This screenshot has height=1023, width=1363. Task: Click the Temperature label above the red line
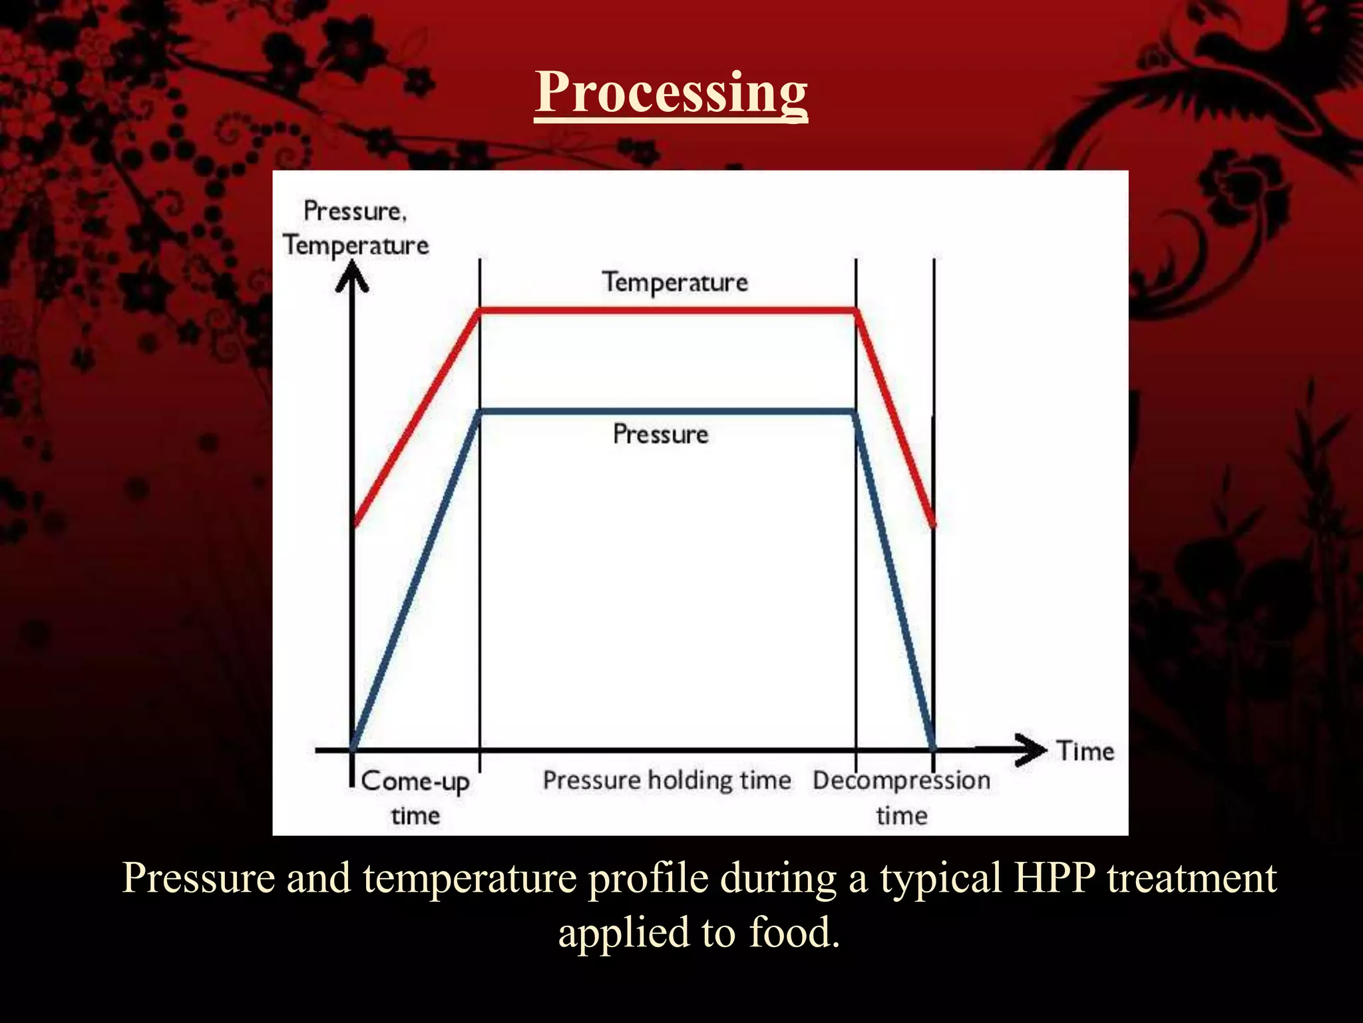pyautogui.click(x=675, y=282)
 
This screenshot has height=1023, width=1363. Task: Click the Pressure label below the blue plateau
pyautogui.click(x=660, y=434)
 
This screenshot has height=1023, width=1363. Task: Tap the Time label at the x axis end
pyautogui.click(x=1085, y=751)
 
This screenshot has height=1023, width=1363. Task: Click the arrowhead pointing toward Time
pyautogui.click(x=1030, y=750)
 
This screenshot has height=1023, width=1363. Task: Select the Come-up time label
pyautogui.click(x=415, y=797)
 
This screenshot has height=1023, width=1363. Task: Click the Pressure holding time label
pyautogui.click(x=667, y=780)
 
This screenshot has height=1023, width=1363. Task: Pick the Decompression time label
pyautogui.click(x=901, y=797)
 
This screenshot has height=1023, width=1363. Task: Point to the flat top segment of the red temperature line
pyautogui.click(x=666, y=310)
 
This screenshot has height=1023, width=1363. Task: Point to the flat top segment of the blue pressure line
pyautogui.click(x=666, y=412)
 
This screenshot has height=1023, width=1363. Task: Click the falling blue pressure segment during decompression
pyautogui.click(x=894, y=579)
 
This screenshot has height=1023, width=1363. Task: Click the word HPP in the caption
pyautogui.click(x=1054, y=878)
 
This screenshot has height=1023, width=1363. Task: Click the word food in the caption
pyautogui.click(x=793, y=932)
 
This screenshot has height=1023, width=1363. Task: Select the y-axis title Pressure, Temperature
pyautogui.click(x=355, y=228)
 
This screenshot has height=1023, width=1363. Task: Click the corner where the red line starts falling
pyautogui.click(x=856, y=310)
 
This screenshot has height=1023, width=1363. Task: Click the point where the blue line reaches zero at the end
pyautogui.click(x=933, y=747)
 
